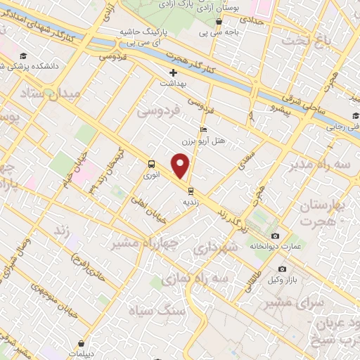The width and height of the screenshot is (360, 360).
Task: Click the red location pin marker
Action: click(181, 167)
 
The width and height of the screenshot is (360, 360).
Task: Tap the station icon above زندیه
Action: click(190, 190)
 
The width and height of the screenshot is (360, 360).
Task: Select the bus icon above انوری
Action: click(151, 165)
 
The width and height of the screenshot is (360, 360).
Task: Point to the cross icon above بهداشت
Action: click(174, 72)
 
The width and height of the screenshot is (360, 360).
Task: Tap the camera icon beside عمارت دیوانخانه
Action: click(275, 236)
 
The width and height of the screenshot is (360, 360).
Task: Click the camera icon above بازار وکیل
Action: click(282, 269)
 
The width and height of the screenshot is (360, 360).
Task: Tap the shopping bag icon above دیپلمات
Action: click(82, 344)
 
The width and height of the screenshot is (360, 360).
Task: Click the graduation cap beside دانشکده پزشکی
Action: click(23, 56)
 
